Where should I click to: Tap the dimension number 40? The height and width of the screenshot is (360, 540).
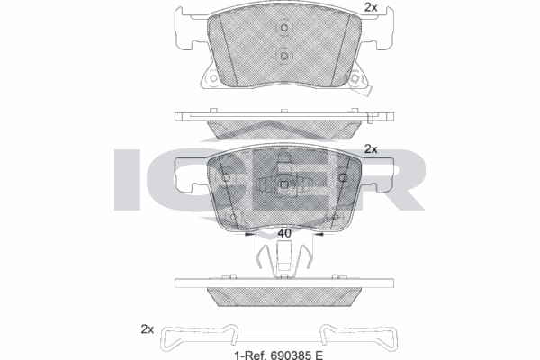(283, 234)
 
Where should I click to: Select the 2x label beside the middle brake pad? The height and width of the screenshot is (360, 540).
(371, 149)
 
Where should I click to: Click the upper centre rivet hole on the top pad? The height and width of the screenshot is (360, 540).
(283, 28)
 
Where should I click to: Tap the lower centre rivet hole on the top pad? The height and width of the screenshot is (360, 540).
(283, 56)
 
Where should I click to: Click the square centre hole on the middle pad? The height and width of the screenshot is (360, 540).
(283, 187)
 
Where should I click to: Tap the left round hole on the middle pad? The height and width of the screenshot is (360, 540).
(225, 175)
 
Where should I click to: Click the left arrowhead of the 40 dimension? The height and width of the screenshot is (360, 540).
(249, 236)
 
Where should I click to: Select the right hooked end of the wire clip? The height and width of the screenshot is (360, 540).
(394, 343)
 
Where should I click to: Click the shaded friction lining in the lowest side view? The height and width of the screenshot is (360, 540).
(283, 298)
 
